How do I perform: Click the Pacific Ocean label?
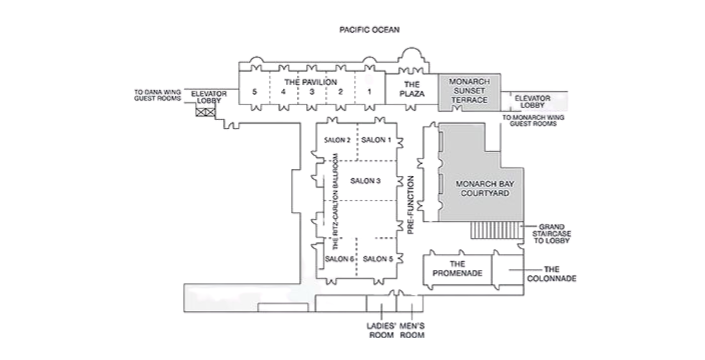tap(369, 30)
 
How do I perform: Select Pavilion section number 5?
tap(255, 91)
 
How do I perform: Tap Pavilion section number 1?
tap(369, 91)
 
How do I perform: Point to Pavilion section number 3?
tap(312, 91)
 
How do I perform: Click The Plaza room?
tap(412, 89)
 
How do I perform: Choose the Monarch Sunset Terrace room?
tap(469, 92)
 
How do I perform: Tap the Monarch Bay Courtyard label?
tap(485, 188)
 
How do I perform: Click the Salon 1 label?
tap(376, 140)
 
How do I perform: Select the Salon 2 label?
tap(337, 140)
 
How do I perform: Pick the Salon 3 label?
tap(365, 181)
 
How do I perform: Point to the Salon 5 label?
tap(378, 259)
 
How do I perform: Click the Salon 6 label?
tap(340, 259)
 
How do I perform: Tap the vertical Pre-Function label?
tap(411, 205)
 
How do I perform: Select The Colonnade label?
tap(551, 274)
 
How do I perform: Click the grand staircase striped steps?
tap(495, 230)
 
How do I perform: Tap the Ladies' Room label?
tap(381, 330)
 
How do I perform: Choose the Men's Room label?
tap(412, 330)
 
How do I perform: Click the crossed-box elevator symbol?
tap(205, 112)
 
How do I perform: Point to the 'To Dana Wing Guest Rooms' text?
tap(157, 95)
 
